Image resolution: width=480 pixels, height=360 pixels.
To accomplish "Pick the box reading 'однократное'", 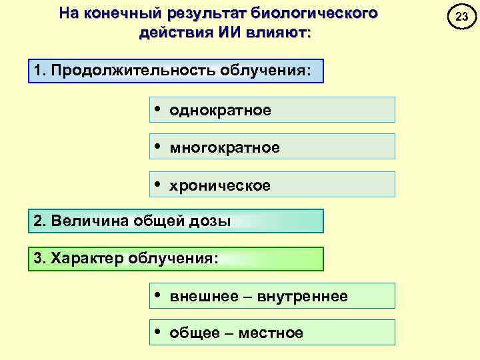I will pyautogui.click(x=272, y=110).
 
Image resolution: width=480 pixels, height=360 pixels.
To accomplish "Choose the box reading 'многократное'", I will pyautogui.click(x=272, y=147).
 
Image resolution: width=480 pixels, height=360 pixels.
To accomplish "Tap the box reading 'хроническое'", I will pyautogui.click(x=272, y=185).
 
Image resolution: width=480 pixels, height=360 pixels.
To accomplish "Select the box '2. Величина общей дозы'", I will pyautogui.click(x=176, y=221).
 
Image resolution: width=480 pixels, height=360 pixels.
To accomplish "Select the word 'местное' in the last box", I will pyautogui.click(x=275, y=333).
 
